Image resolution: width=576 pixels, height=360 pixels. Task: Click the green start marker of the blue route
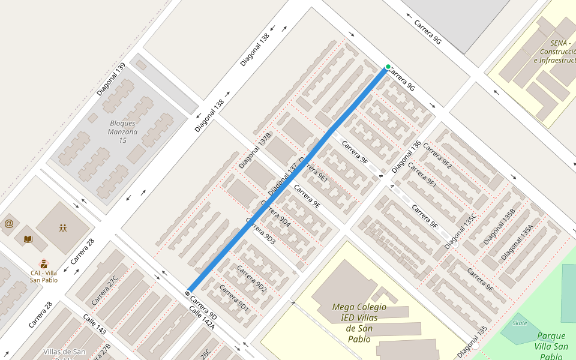click(x=388, y=67)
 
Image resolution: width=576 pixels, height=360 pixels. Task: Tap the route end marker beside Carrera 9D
click(x=188, y=293)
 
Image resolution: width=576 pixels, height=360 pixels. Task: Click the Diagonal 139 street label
click(x=111, y=79)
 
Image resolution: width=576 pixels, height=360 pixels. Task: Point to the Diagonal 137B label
click(x=255, y=150)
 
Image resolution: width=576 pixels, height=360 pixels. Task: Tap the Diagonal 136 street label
click(x=407, y=157)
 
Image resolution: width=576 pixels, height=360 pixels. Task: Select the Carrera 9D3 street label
click(x=261, y=235)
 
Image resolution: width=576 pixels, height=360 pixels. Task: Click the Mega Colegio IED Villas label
click(x=359, y=312)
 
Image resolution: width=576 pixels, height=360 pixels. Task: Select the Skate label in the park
click(x=520, y=323)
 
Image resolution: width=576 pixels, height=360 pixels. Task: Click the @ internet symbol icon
click(x=8, y=224)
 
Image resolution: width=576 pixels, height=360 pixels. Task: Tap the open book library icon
click(x=28, y=239)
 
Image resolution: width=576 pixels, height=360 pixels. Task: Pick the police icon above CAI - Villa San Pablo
click(x=44, y=263)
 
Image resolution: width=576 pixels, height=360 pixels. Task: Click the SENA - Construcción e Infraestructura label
click(x=554, y=52)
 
